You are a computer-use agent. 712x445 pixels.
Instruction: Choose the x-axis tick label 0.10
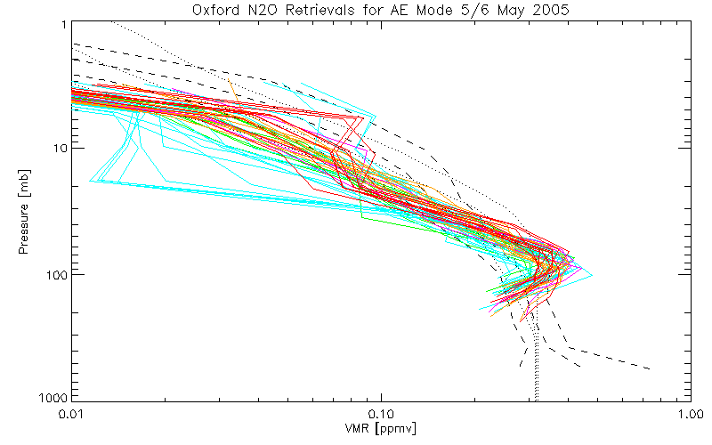tap(381, 414)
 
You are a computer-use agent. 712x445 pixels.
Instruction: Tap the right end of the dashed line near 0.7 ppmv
tap(651, 368)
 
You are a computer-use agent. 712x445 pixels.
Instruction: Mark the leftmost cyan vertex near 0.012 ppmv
tap(91, 182)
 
